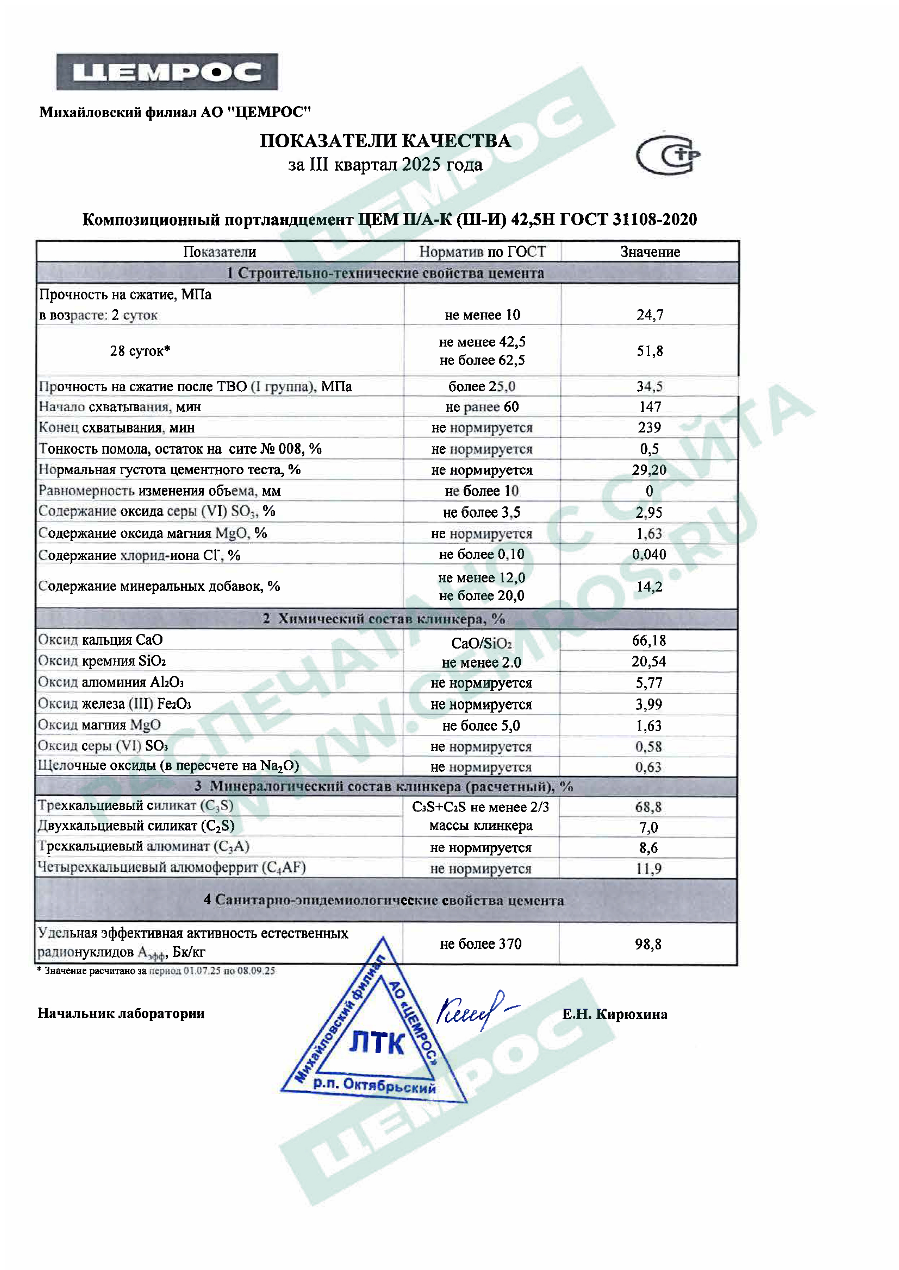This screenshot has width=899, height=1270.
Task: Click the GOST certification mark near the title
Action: [667, 155]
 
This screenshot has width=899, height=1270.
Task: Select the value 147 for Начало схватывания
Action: [650, 407]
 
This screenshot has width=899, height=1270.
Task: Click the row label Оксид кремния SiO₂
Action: [102, 661]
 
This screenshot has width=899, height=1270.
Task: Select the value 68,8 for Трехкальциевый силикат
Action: [648, 807]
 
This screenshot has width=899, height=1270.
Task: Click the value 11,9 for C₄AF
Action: [648, 869]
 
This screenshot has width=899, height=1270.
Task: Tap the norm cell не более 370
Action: [480, 944]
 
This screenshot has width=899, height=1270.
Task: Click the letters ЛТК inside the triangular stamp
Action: [377, 1043]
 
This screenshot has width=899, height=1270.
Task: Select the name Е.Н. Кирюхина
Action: [615, 1014]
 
